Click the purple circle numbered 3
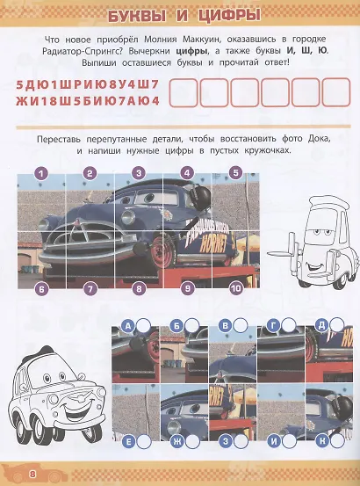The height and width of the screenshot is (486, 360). [139, 173]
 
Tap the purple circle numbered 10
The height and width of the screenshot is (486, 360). [236, 289]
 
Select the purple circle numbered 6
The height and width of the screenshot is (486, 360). [42, 289]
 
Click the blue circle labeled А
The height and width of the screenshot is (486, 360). [129, 326]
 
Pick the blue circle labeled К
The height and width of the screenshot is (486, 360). [322, 441]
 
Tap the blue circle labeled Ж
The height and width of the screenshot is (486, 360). [177, 441]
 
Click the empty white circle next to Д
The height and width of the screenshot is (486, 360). [336, 325]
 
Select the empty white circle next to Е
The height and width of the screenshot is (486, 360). [144, 442]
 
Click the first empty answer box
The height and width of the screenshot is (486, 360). [183, 92]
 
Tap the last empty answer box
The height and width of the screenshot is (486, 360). [336, 92]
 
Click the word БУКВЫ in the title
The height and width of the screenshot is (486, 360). [136, 17]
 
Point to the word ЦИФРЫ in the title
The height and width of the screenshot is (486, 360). [229, 17]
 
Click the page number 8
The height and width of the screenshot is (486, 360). [32, 475]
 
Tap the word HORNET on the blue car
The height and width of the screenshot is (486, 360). [213, 244]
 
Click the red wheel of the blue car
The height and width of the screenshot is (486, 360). [162, 251]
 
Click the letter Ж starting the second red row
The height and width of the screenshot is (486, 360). [21, 101]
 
